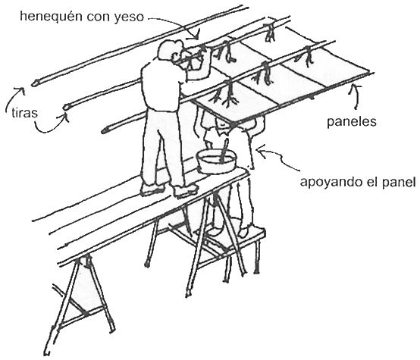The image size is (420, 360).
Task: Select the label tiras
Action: [25, 113]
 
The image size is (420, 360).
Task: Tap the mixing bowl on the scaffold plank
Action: [216, 161]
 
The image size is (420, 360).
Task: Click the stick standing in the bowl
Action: [224, 151]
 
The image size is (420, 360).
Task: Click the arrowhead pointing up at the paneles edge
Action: [356, 87]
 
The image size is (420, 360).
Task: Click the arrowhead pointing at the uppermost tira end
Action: [21, 90]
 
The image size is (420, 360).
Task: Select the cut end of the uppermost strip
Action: [34, 83]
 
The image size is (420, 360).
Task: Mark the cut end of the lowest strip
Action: [105, 130]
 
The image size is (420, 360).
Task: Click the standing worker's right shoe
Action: [186, 191]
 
